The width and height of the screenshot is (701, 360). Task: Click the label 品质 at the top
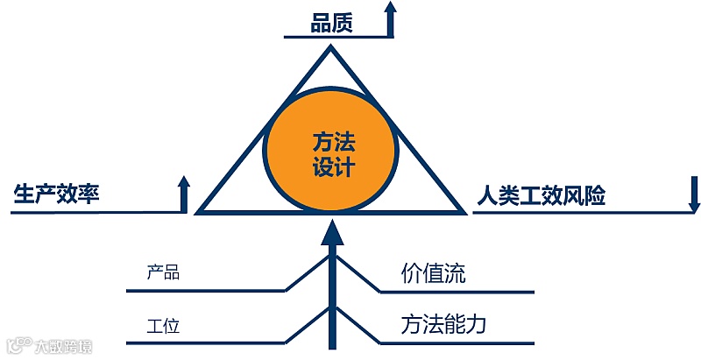click(331, 22)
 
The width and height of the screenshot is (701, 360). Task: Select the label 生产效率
click(56, 194)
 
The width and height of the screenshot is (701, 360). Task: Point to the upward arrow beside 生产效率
click(184, 194)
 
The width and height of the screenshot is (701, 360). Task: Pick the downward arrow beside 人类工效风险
click(694, 195)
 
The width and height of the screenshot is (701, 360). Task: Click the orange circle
click(332, 154)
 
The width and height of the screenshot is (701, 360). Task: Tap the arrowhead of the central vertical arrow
click(332, 232)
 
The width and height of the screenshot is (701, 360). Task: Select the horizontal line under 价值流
click(456, 290)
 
